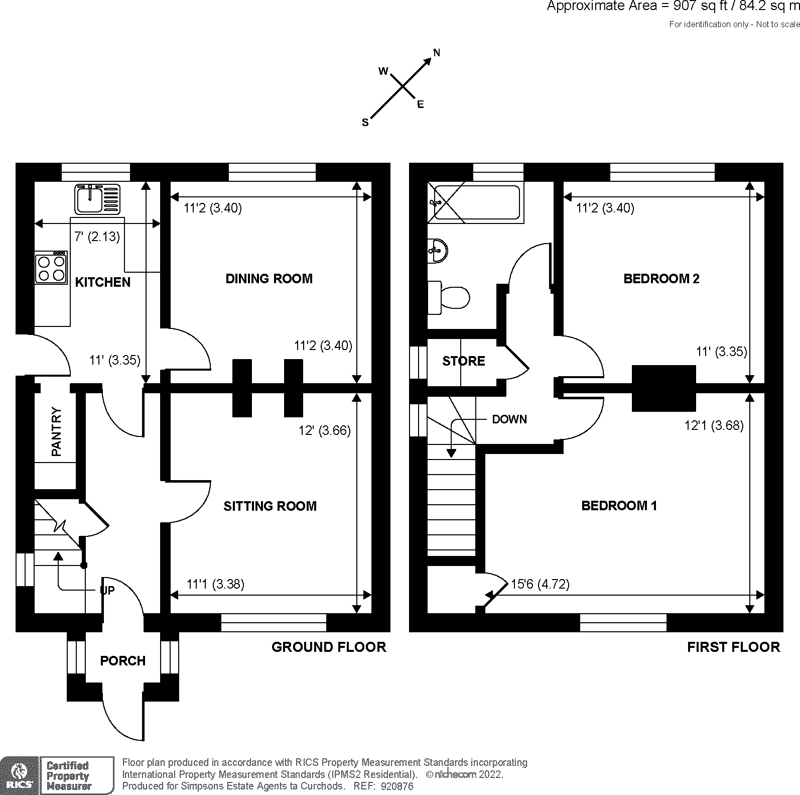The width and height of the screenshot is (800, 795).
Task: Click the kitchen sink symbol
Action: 98,199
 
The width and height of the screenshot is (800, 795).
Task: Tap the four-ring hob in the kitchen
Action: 51,268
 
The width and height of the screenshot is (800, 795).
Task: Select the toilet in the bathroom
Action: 450,297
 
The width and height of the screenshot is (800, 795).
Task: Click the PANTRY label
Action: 56,431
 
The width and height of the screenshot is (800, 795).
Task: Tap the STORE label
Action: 463,361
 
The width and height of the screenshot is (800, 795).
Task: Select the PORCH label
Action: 123,660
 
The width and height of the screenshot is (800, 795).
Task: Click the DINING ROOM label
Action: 269,278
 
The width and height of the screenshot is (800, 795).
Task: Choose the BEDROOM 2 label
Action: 661,278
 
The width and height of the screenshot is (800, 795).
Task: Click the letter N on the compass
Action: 437,53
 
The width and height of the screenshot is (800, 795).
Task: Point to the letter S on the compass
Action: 365,123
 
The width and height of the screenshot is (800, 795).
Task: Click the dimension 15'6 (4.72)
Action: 540,584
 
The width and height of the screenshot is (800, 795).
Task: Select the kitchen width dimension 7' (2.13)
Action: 97,237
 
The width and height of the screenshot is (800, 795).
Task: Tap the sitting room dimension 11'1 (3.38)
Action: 215,584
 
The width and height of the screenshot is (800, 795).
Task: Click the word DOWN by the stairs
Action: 509,419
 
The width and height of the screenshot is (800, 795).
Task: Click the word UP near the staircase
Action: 107,590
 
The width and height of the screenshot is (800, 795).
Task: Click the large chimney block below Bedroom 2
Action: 663,388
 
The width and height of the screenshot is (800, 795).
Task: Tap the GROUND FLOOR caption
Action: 329,647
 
